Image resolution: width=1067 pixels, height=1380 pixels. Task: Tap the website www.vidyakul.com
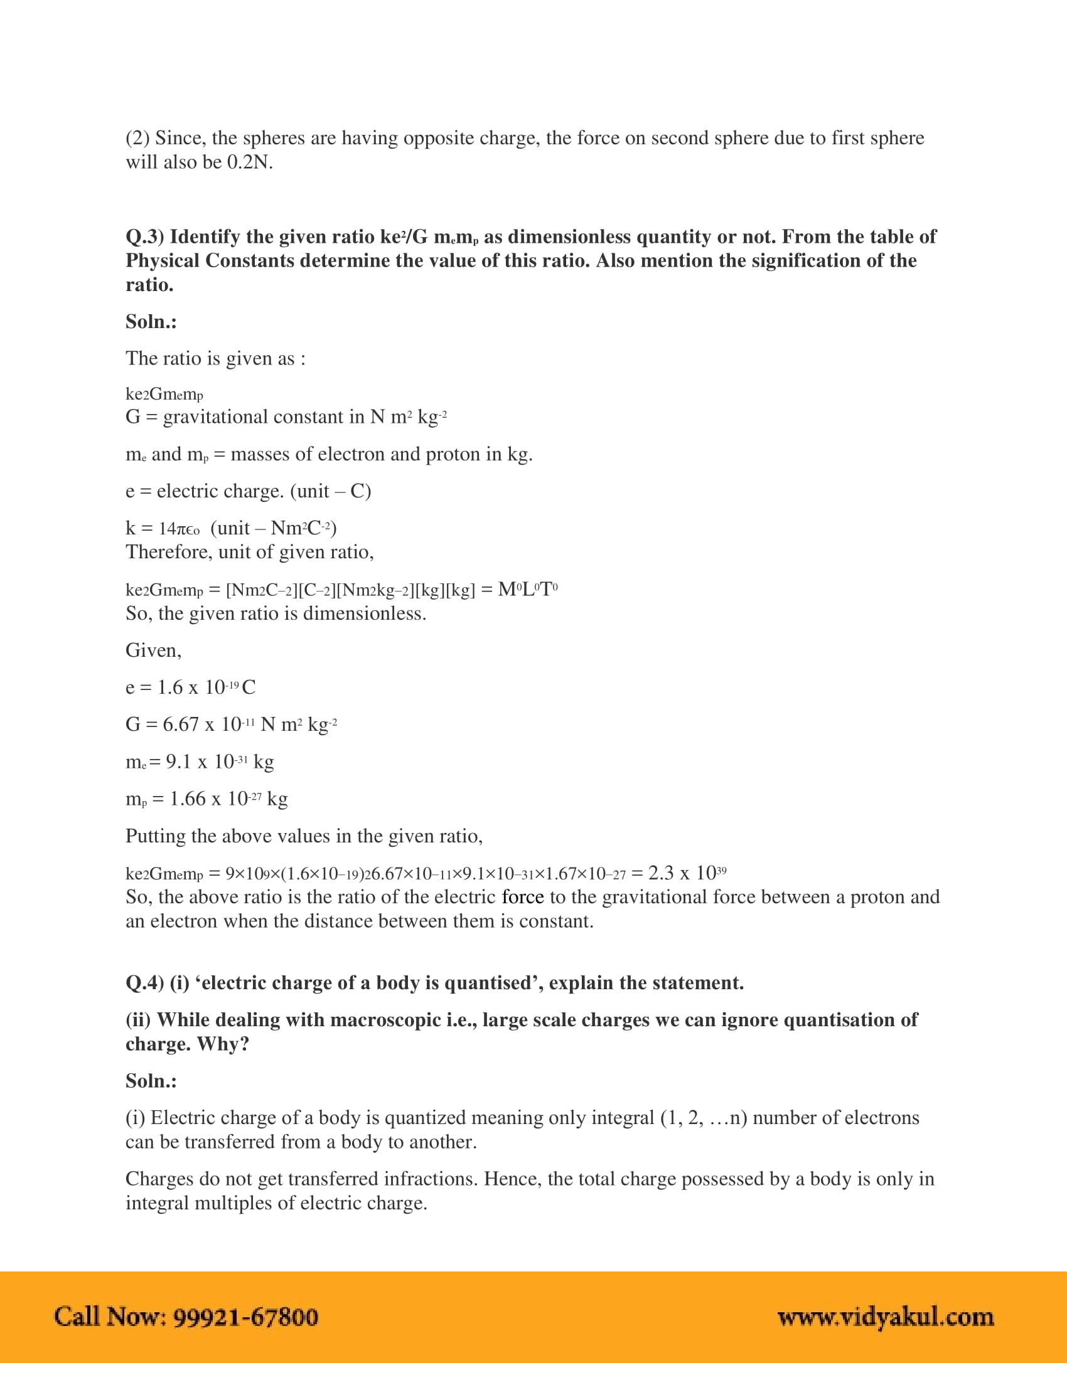point(885,1317)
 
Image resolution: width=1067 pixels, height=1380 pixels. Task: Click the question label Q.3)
point(145,237)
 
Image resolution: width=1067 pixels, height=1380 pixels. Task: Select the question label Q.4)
point(145,983)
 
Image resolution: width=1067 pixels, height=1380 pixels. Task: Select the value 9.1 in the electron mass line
point(178,762)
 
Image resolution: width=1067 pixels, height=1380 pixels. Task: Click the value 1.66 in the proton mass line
point(187,799)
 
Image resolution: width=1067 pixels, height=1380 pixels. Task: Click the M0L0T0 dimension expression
point(527,590)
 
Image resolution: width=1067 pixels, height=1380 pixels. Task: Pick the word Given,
point(154,651)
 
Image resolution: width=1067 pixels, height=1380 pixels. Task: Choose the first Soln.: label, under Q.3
point(151,322)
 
